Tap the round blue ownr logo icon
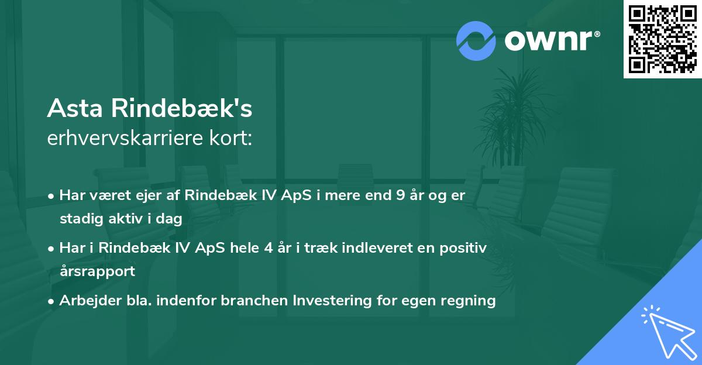(476, 40)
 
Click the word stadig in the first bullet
(79, 219)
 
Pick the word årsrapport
(97, 271)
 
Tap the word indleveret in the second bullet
(372, 247)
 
